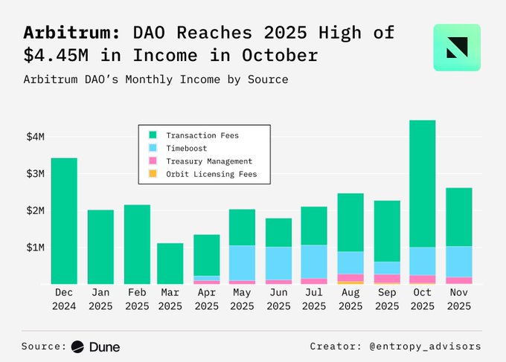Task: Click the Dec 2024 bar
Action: (63, 221)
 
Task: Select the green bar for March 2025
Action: (170, 263)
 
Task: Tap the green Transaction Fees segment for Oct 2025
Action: (422, 184)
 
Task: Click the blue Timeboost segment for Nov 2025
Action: (458, 262)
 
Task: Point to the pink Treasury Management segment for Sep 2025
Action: (387, 278)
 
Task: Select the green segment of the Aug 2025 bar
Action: (350, 222)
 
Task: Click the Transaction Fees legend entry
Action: (202, 135)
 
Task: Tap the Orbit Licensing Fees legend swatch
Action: (153, 174)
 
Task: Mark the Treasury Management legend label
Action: (209, 161)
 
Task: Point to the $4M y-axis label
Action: (35, 137)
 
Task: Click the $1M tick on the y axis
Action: (35, 247)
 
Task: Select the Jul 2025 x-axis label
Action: (314, 300)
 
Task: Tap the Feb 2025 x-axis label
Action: (137, 300)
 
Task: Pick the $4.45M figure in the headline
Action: (56, 56)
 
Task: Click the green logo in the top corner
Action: (457, 47)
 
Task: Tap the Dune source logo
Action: (96, 346)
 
